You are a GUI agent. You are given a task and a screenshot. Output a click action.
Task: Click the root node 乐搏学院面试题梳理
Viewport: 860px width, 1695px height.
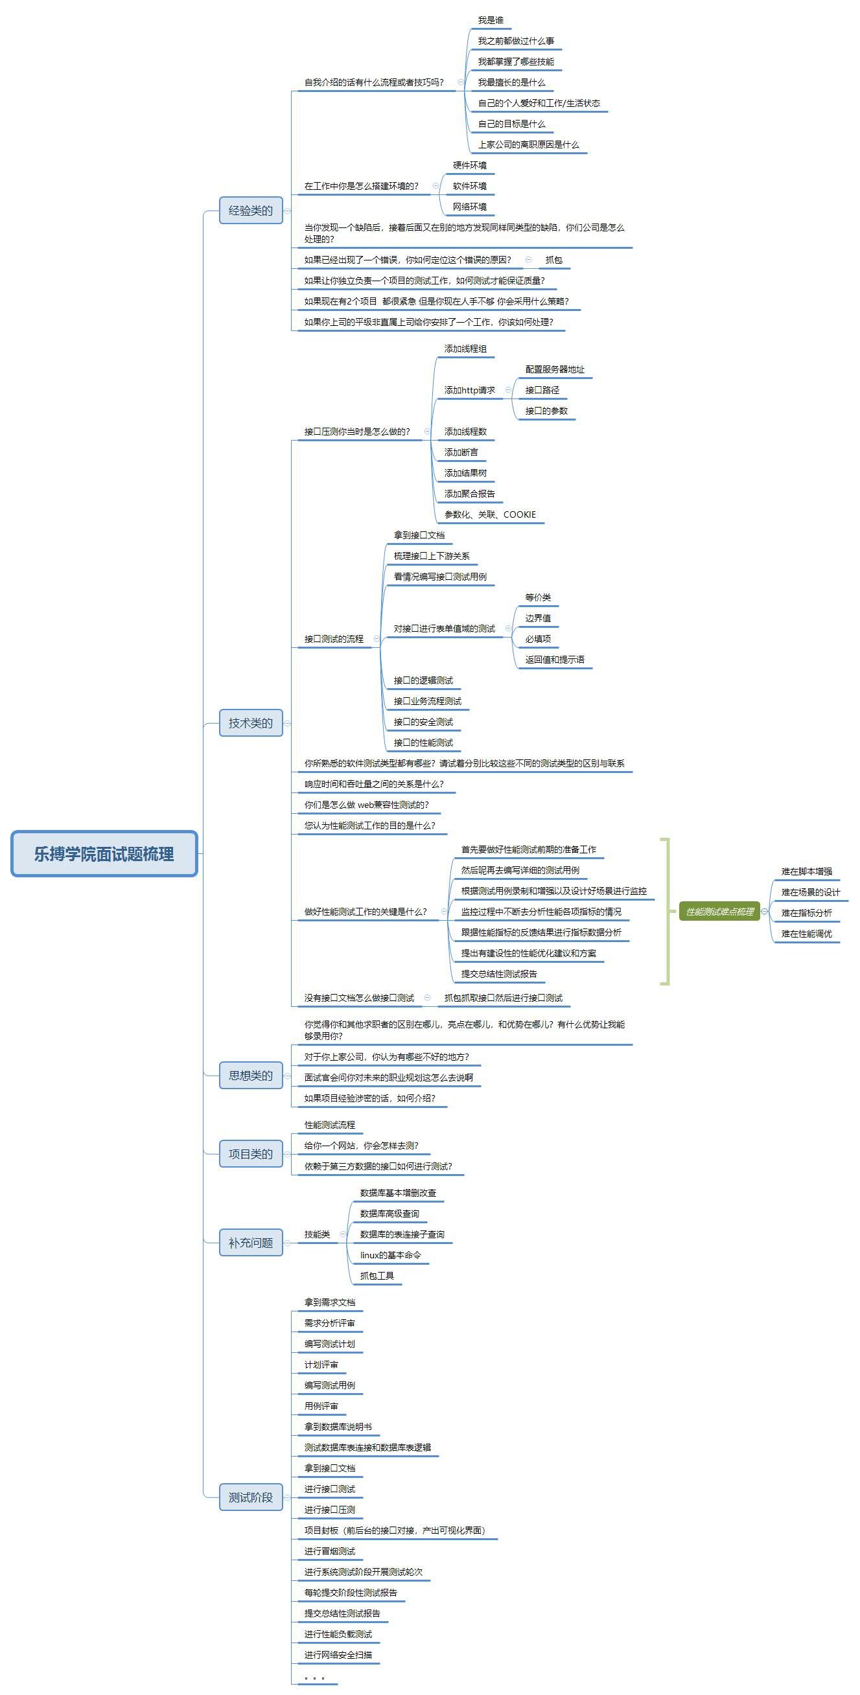click(x=104, y=853)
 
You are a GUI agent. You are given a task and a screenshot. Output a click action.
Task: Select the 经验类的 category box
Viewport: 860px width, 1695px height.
click(x=250, y=211)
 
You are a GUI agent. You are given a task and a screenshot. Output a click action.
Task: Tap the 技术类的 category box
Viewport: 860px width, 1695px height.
click(x=250, y=723)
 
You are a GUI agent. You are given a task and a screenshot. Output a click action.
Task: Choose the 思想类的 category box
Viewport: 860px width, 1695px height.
click(x=250, y=1075)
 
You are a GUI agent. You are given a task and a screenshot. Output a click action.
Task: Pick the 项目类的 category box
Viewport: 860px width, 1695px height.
click(x=250, y=1153)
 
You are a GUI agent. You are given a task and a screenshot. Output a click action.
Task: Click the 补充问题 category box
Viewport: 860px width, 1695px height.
click(x=250, y=1242)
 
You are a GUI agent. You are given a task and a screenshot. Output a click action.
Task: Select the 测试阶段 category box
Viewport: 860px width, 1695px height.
click(x=250, y=1497)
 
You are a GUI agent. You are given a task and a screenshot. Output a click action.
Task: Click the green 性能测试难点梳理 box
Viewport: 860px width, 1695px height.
click(x=719, y=912)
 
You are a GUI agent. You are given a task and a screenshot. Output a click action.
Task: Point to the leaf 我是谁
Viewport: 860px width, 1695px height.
click(x=490, y=20)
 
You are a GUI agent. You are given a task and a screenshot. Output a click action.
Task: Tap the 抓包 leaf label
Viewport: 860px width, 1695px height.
click(x=553, y=260)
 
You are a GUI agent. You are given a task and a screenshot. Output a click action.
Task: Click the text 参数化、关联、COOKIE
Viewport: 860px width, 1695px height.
click(x=489, y=514)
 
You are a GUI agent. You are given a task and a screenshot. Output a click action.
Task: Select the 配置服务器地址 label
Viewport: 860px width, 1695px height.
click(x=554, y=369)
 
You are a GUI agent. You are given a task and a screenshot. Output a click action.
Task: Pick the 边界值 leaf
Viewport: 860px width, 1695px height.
click(x=538, y=618)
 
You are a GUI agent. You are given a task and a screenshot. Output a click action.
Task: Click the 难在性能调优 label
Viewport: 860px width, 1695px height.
click(x=806, y=933)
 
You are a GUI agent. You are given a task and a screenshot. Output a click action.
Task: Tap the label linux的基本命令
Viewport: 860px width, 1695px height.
click(x=390, y=1255)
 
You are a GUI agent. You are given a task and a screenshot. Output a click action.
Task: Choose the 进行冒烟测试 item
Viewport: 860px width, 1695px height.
click(x=330, y=1551)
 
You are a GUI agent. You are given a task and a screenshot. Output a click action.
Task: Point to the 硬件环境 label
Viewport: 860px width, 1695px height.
click(x=469, y=165)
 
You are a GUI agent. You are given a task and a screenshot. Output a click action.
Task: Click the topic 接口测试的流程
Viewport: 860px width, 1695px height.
click(x=334, y=639)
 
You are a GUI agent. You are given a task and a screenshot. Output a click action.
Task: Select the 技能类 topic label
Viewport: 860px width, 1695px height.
click(x=317, y=1234)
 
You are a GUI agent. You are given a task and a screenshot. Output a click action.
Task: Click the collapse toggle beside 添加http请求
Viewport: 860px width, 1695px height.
click(x=508, y=390)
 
